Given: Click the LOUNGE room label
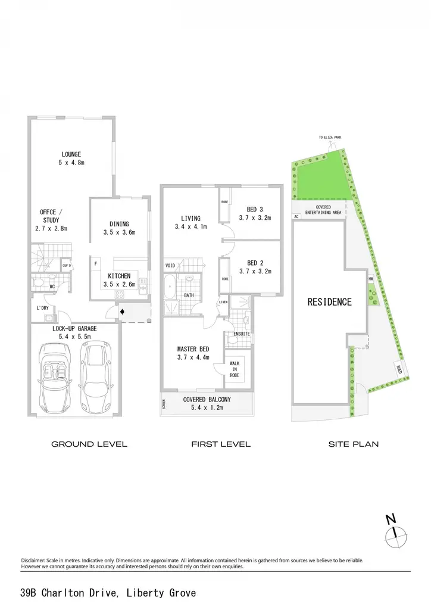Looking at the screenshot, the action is click(71, 154).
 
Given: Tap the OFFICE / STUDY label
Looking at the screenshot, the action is click(51, 216).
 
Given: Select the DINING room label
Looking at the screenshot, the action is click(119, 224).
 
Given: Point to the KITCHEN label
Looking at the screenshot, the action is click(119, 276).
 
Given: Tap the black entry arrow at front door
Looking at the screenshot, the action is click(122, 312).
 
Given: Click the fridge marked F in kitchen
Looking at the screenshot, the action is click(96, 264).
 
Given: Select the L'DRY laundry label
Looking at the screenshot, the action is click(43, 308).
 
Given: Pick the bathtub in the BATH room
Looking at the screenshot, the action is click(170, 286).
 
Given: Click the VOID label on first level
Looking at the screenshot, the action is click(170, 266).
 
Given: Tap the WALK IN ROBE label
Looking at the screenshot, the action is click(235, 369).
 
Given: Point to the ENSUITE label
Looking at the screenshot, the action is click(241, 334).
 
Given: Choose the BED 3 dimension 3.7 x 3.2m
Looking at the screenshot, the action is click(255, 218).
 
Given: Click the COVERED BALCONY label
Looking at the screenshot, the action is click(207, 400).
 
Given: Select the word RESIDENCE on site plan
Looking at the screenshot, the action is click(330, 302).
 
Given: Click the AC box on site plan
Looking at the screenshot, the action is click(296, 216).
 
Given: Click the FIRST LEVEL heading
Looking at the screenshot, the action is click(221, 444).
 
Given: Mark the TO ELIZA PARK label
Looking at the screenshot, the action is click(330, 138).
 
